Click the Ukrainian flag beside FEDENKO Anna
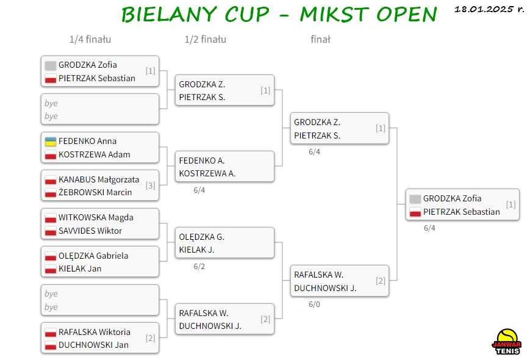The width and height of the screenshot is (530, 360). (51, 142)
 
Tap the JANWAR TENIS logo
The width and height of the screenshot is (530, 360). (506, 342)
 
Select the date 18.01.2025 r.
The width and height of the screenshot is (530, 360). (489, 9)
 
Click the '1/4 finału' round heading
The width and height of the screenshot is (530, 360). (90, 40)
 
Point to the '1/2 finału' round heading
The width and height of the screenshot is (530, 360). (206, 40)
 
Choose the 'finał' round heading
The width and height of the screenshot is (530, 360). (320, 40)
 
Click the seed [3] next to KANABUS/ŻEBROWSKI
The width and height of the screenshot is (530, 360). (151, 185)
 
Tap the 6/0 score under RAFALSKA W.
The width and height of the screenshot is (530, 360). (314, 304)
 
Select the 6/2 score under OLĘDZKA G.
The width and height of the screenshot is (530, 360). (199, 267)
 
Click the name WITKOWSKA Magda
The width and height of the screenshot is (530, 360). (96, 217)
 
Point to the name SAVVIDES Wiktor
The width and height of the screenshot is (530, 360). (90, 231)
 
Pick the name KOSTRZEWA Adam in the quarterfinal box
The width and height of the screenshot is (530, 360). (95, 154)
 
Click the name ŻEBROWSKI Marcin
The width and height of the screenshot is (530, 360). (95, 192)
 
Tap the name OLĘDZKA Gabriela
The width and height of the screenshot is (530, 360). (93, 256)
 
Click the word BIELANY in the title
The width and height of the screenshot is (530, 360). (169, 15)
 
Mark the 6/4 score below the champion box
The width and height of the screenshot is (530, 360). (429, 228)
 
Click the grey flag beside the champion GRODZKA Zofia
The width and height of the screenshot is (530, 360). (415, 199)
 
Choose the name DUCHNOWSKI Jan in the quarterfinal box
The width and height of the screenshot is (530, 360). (94, 345)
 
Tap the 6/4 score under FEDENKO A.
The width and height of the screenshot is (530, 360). (199, 190)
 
